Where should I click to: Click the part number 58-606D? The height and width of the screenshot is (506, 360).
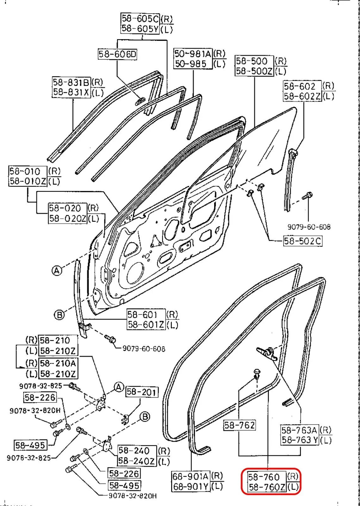tap(117, 54)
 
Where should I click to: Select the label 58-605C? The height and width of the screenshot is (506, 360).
tap(140, 18)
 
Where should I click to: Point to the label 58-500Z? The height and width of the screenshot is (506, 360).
tap(254, 71)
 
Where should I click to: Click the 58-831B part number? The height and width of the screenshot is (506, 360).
tap(71, 82)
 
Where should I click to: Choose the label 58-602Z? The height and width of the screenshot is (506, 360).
tap(302, 96)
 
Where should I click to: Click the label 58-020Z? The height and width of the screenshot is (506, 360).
tap(67, 219)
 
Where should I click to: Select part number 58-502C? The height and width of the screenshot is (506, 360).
tap(302, 241)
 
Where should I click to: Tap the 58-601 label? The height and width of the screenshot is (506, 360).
tap(142, 314)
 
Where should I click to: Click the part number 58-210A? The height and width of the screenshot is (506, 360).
tap(58, 363)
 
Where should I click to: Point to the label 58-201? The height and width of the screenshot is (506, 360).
tap(141, 392)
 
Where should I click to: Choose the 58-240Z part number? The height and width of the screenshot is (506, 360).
tap(137, 461)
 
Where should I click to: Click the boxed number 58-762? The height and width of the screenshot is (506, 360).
tap(239, 425)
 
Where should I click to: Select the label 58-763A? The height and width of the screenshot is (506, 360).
tap(299, 430)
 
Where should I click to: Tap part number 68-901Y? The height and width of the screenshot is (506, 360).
tap(191, 486)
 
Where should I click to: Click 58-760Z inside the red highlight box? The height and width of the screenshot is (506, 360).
tap(267, 487)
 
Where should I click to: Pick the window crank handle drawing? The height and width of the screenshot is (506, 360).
tap(267, 352)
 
